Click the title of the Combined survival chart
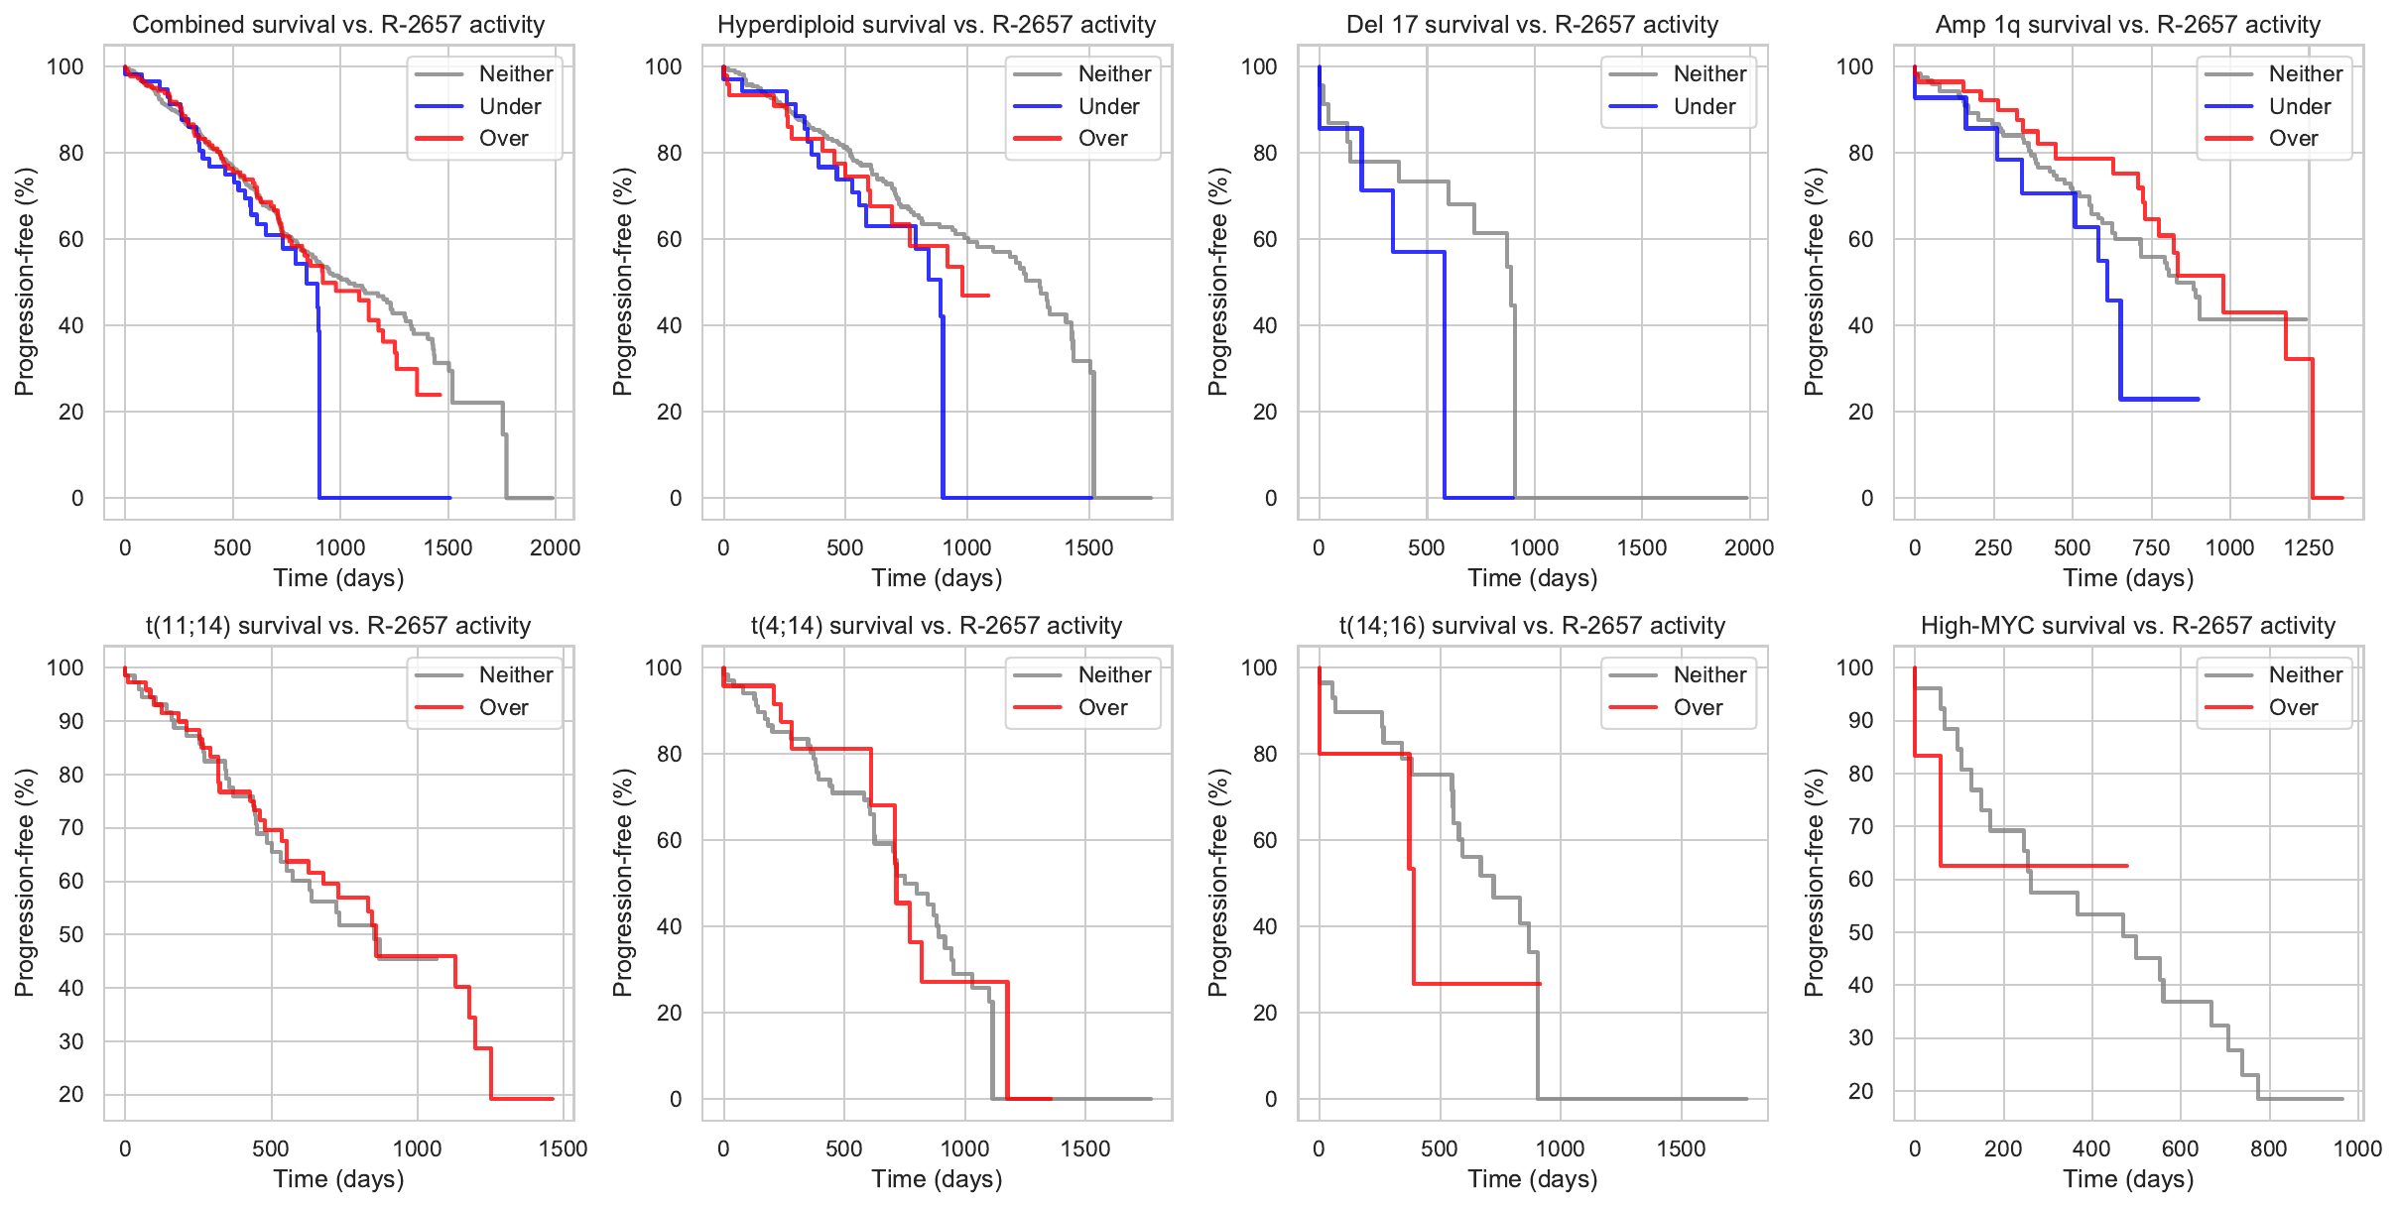point(338,25)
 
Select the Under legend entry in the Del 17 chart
point(1704,106)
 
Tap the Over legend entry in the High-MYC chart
point(2293,707)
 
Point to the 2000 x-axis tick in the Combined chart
point(555,547)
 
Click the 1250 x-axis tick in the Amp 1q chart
point(2309,547)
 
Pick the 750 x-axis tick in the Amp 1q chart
point(2151,547)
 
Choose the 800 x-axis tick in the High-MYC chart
point(2268,1148)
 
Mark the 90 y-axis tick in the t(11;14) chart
point(71,721)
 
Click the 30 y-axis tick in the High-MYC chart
point(1860,1037)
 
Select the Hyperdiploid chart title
point(937,25)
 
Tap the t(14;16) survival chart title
point(1532,626)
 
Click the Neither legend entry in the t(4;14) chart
point(1114,674)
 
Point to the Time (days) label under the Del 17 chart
point(1532,578)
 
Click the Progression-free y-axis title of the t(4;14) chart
point(622,882)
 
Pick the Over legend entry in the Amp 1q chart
point(2293,138)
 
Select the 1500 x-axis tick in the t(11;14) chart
point(563,1148)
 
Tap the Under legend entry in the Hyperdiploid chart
point(1108,106)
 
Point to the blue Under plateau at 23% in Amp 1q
point(2163,399)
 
